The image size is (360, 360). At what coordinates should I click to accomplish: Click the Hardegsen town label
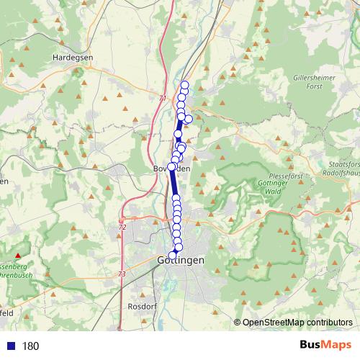(x=70, y=58)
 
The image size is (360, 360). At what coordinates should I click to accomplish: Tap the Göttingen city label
(x=181, y=260)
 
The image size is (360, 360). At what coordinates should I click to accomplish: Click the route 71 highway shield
(x=163, y=99)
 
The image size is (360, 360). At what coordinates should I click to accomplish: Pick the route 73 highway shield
(x=122, y=274)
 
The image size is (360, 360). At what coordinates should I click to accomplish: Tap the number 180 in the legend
(x=31, y=346)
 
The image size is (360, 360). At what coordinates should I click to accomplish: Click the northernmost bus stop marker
(x=184, y=86)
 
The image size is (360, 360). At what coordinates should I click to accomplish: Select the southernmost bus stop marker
(x=172, y=255)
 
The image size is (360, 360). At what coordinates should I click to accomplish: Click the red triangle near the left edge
(x=18, y=255)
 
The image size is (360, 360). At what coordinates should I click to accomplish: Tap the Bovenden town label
(x=171, y=168)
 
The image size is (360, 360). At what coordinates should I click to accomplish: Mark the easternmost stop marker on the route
(x=189, y=119)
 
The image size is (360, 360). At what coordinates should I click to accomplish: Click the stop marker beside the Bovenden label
(x=172, y=166)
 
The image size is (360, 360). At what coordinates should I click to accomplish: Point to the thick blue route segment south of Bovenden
(x=174, y=183)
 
